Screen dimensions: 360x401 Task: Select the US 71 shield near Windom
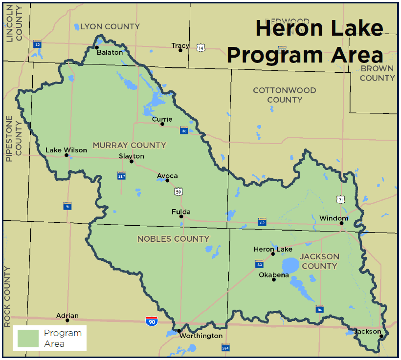pos(340,199)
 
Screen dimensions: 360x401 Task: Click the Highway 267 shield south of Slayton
pos(122,176)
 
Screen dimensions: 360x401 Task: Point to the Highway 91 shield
pos(67,206)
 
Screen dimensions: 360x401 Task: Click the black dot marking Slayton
pos(132,162)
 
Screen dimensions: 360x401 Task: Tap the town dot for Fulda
pos(181,216)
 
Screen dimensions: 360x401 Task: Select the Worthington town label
pos(200,336)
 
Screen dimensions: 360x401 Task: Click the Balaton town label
pos(110,52)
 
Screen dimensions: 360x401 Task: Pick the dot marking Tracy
pos(180,50)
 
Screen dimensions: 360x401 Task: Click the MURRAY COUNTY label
pos(130,145)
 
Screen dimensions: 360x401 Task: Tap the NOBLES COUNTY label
pos(173,239)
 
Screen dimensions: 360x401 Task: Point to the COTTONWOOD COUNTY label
pos(284,95)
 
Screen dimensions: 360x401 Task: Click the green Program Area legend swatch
pos(28,339)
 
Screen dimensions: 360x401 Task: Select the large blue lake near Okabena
pos(290,265)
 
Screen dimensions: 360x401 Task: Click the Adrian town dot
pos(67,320)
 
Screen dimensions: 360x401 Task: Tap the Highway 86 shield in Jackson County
pos(320,309)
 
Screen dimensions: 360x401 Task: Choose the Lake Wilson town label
pos(66,150)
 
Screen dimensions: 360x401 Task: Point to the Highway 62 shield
pos(262,222)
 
